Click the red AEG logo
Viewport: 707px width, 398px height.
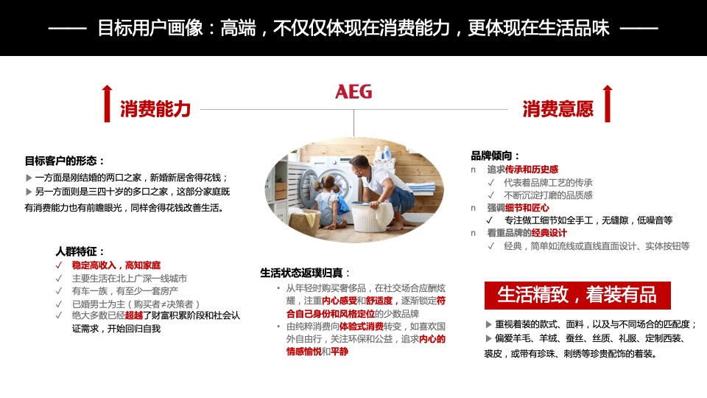[x=353, y=91]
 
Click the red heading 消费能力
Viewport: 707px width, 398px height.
[x=155, y=109]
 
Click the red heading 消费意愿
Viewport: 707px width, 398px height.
[x=557, y=109]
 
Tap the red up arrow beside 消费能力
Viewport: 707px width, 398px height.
[x=107, y=103]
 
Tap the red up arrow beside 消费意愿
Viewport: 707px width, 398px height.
[x=607, y=103]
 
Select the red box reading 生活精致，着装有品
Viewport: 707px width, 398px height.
[x=577, y=295]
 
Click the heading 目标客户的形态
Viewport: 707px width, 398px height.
[x=65, y=161]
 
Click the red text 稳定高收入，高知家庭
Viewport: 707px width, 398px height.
[x=116, y=265]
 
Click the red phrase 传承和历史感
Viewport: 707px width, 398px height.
[x=532, y=170]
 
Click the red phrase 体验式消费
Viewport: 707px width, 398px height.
[x=361, y=327]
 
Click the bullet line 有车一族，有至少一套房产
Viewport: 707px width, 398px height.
[x=129, y=290]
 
